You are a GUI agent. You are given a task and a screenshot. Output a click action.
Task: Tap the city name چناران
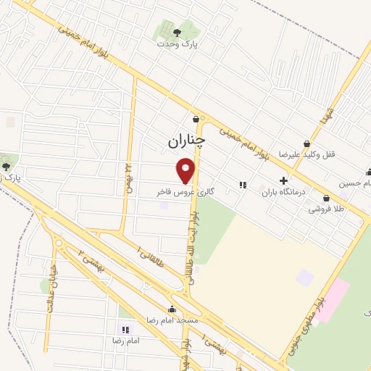(186, 141)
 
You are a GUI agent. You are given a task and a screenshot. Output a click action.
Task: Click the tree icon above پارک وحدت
(178, 32)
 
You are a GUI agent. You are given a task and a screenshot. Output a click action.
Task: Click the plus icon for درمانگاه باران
(283, 180)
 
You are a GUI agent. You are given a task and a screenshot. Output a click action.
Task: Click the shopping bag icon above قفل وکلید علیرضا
(308, 143)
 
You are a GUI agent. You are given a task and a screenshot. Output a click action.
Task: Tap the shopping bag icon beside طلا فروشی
(326, 197)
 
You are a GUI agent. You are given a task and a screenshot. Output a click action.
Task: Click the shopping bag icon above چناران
(196, 120)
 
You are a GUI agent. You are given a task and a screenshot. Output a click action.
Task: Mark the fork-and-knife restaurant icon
(243, 185)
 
